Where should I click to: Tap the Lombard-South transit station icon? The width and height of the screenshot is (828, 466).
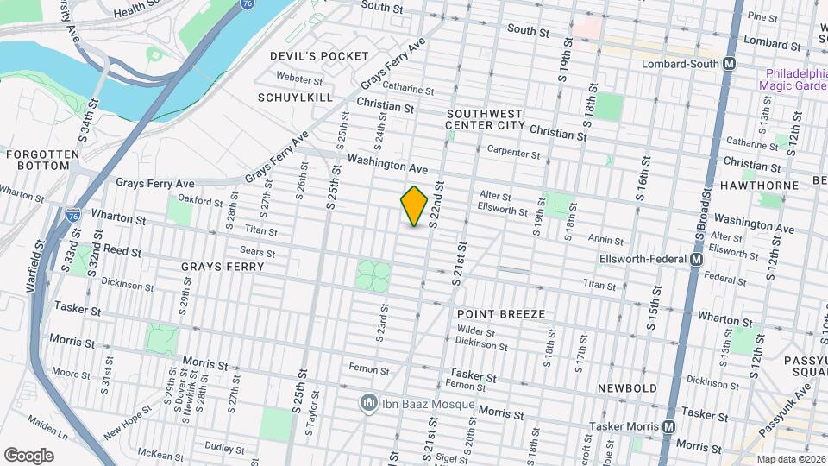click(x=730, y=64)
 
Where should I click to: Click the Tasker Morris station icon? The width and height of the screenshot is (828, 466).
click(x=669, y=426)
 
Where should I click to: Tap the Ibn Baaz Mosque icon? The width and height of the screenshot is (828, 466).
click(x=369, y=403)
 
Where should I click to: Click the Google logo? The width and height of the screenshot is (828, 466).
click(x=29, y=455)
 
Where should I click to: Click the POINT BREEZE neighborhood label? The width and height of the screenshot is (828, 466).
click(x=501, y=314)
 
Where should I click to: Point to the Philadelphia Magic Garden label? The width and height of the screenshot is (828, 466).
click(x=792, y=79)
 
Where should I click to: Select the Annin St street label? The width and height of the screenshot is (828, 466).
click(x=605, y=240)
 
